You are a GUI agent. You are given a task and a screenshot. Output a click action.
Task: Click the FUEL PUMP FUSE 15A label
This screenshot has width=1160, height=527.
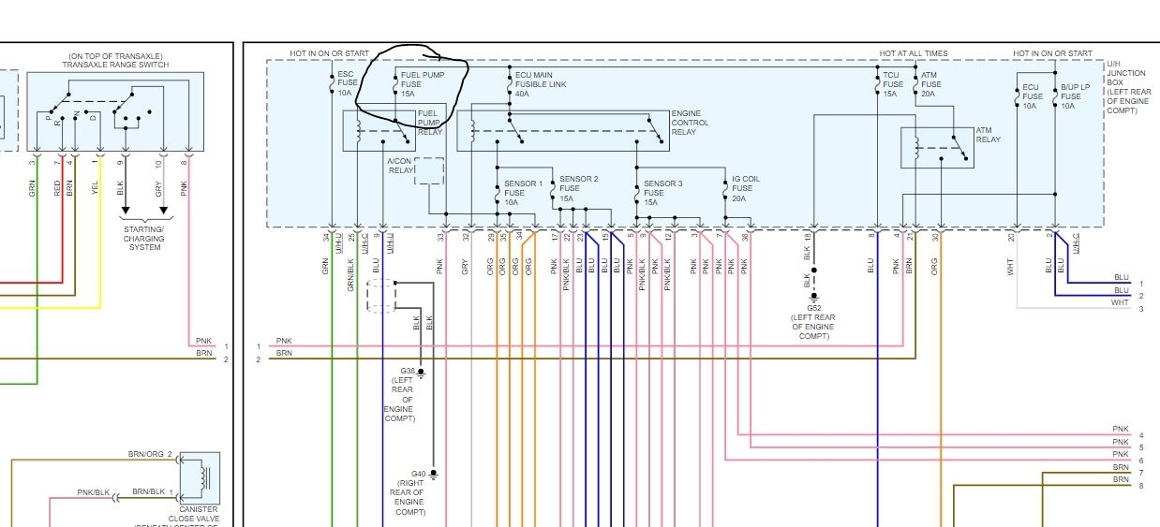click(422, 82)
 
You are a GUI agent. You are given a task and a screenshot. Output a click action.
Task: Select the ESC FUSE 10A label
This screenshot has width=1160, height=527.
click(346, 82)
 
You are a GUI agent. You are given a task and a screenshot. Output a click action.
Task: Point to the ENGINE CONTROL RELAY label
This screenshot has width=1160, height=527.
click(690, 123)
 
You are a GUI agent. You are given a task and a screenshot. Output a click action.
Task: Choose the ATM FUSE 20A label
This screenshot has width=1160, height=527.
click(929, 83)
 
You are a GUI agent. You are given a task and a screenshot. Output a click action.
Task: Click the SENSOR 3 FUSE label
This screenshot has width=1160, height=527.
click(662, 193)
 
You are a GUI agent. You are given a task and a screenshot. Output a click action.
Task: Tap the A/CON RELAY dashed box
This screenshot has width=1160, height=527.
click(429, 171)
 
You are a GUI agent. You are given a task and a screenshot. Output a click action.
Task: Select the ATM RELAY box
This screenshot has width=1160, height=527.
click(937, 148)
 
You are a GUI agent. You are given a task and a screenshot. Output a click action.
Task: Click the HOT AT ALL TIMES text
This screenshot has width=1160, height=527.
click(913, 54)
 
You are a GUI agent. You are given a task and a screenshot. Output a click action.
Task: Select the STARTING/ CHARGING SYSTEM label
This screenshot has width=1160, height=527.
click(143, 238)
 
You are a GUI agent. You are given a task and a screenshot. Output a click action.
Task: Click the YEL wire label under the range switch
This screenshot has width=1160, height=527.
click(95, 186)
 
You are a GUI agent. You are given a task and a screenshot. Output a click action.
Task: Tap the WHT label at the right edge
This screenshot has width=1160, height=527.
click(1120, 303)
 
